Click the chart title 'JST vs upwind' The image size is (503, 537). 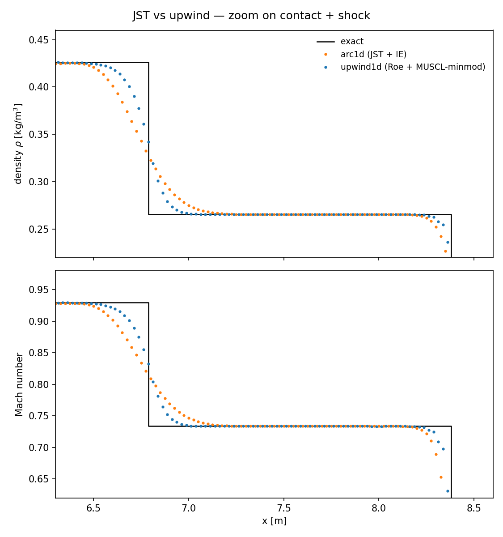click(x=251, y=16)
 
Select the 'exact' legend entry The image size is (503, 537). click(x=352, y=42)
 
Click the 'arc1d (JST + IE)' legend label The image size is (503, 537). click(x=373, y=55)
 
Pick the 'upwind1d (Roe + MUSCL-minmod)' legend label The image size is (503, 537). click(x=413, y=67)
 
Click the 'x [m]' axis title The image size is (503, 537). click(x=274, y=521)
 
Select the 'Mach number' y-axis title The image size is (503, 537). click(x=20, y=384)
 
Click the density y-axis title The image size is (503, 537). click(x=18, y=144)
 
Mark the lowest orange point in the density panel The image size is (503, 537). click(x=445, y=251)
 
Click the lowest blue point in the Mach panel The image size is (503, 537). click(x=448, y=491)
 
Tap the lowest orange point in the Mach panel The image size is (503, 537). click(x=441, y=477)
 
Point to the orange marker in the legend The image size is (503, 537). click(x=325, y=55)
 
